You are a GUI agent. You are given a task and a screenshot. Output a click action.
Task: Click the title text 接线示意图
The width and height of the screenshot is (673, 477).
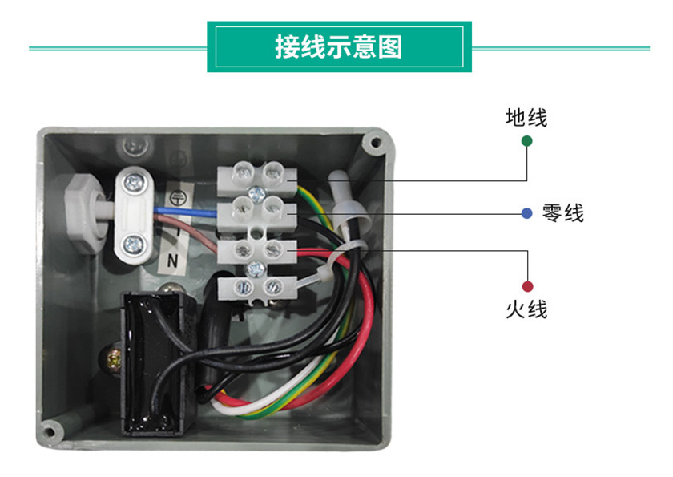(x=338, y=46)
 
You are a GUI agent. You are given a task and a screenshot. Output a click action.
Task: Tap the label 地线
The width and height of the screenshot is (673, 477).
(x=526, y=118)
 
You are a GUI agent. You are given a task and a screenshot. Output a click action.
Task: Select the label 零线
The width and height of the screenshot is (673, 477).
(x=562, y=213)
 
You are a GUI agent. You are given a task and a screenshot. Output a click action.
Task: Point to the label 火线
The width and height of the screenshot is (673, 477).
(x=526, y=309)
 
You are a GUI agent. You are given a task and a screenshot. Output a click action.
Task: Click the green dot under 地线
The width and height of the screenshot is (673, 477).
(x=526, y=141)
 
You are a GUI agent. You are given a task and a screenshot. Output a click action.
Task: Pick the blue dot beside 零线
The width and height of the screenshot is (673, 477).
(x=526, y=213)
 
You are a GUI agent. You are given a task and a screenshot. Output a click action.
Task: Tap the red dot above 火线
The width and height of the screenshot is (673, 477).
(x=527, y=286)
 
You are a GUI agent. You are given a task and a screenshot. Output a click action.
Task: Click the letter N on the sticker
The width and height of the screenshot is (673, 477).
(x=171, y=261)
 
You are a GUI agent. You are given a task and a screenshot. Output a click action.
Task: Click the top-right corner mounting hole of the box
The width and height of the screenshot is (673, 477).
(x=373, y=144)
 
